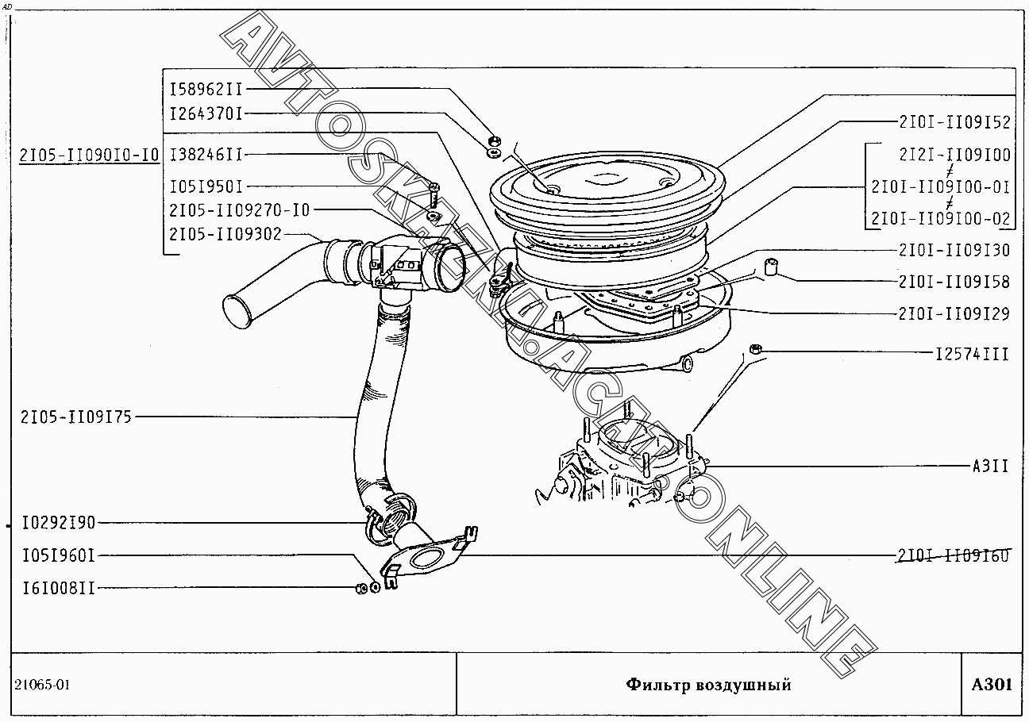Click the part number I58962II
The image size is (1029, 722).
click(x=206, y=88)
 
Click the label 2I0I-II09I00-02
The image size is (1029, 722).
click(x=941, y=218)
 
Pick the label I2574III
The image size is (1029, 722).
click(x=972, y=354)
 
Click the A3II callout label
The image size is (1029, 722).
click(x=990, y=466)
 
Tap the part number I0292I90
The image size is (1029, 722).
click(x=59, y=523)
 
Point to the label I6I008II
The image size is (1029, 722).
click(x=59, y=589)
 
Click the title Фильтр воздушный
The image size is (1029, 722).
click(x=708, y=685)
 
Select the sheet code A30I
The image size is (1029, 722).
click(x=992, y=685)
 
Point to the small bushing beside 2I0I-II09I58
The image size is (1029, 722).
click(x=769, y=266)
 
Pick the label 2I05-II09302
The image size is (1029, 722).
click(x=225, y=233)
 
